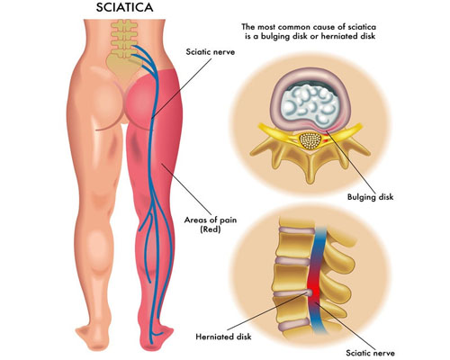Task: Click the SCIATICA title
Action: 124,7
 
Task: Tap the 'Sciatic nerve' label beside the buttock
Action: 211,52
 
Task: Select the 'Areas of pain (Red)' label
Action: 211,225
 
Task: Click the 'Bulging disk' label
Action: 370,197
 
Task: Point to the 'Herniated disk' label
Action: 223,337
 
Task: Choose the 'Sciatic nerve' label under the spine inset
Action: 370,353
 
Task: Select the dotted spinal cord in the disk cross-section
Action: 310,141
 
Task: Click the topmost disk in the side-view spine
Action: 296,230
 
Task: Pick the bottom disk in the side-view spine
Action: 293,325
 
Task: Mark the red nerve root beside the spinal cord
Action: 325,139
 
